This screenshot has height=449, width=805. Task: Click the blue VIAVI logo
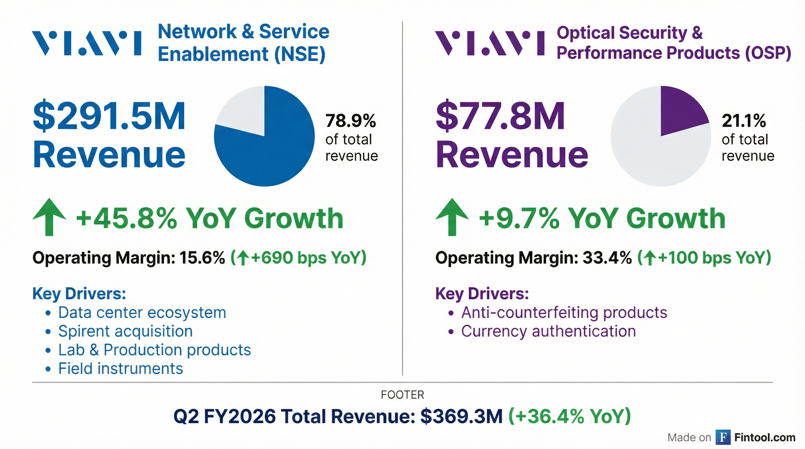[87, 43]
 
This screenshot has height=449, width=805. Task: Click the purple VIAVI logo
[490, 43]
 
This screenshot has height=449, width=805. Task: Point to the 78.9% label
[350, 121]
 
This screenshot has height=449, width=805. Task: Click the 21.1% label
[744, 121]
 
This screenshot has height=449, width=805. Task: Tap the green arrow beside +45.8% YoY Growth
[49, 217]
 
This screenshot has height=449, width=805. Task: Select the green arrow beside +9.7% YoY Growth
[452, 217]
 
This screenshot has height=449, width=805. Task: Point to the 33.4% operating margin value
[607, 258]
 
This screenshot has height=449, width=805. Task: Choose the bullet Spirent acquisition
[125, 331]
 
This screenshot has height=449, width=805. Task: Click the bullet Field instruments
[121, 369]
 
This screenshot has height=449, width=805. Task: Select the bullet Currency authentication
[548, 331]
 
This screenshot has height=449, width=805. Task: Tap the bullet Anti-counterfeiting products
[564, 312]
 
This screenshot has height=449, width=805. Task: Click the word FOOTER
[402, 395]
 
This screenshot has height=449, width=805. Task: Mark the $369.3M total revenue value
[461, 417]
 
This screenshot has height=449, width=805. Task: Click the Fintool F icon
[723, 437]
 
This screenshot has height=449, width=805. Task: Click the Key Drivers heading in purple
[482, 294]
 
